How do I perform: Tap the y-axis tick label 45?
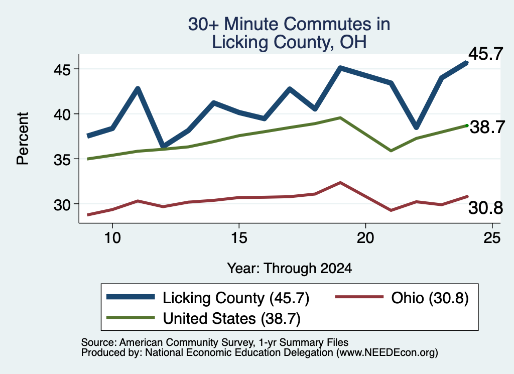point(62,70)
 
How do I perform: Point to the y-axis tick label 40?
point(62,115)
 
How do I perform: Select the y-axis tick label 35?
point(62,160)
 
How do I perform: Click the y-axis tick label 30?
point(62,205)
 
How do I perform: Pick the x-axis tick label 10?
point(112,237)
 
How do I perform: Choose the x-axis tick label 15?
point(239,237)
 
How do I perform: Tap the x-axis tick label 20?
point(365,237)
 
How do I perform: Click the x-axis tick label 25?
point(492,237)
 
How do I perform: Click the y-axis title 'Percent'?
point(23,139)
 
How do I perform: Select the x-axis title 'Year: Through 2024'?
point(290,268)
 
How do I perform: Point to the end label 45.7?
point(485,53)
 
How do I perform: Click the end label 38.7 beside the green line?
point(487,127)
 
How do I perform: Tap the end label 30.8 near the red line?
point(485,208)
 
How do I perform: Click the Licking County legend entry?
point(208,298)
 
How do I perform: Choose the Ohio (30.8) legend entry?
point(402,298)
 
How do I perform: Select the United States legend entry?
point(203,318)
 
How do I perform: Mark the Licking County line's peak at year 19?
point(340,68)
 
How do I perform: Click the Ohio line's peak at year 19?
point(340,183)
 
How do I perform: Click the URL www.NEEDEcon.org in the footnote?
point(387,353)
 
